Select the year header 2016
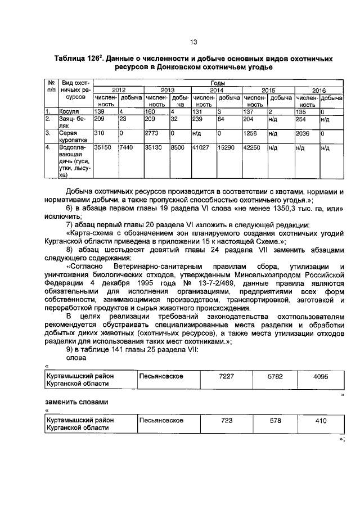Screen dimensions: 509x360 [x=319, y=90]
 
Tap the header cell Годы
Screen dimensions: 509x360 [x=217, y=83]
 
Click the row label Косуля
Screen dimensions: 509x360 [x=70, y=112]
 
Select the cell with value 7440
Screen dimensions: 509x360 [x=127, y=148]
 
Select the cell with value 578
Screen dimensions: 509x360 [x=274, y=420]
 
